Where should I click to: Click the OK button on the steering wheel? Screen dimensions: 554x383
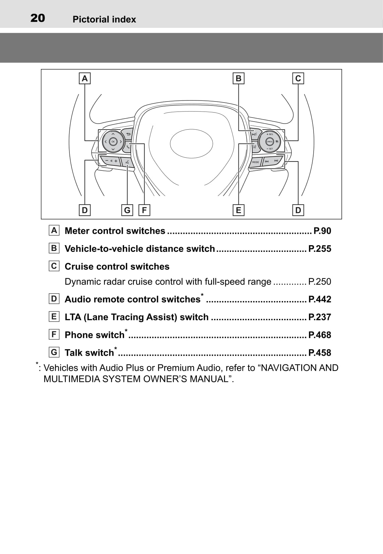[x=113, y=142]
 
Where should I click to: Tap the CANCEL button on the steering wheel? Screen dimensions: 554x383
[x=269, y=142]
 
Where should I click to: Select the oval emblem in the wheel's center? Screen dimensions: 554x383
[x=191, y=143]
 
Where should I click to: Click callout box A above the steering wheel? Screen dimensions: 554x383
[x=85, y=78]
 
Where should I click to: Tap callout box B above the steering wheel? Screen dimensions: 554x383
[x=238, y=78]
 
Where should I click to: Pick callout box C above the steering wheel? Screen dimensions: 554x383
[x=298, y=78]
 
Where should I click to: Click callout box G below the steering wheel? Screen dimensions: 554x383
[x=127, y=210]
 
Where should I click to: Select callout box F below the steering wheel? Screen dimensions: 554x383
[x=144, y=210]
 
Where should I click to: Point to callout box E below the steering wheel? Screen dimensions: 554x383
[x=238, y=210]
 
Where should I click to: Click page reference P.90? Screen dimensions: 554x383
[x=322, y=231]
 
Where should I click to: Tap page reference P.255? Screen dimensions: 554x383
[x=320, y=249]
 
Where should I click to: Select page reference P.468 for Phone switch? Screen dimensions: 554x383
[x=320, y=335]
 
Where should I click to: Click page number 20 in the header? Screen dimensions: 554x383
[x=38, y=18]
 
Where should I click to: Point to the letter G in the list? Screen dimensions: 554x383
[x=54, y=352]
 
